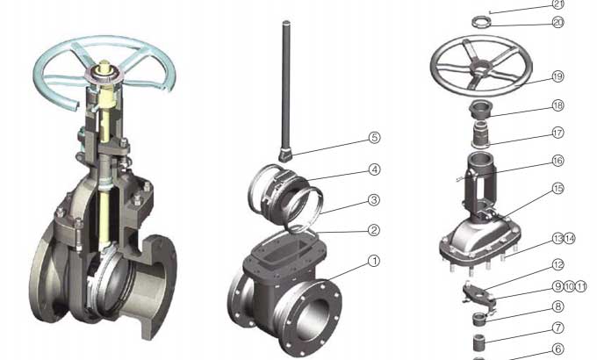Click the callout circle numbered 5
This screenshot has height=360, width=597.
pyautogui.click(x=375, y=138)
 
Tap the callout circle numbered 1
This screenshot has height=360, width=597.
pyautogui.click(x=374, y=261)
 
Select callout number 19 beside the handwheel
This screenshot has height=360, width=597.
pyautogui.click(x=557, y=76)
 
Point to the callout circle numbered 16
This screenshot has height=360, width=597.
pyautogui.click(x=557, y=161)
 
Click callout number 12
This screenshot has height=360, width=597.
pyautogui.click(x=557, y=265)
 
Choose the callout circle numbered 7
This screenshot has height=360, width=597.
pyautogui.click(x=557, y=328)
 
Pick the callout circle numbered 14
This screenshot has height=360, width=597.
pyautogui.click(x=569, y=239)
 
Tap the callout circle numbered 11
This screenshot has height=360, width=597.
pyautogui.click(x=580, y=286)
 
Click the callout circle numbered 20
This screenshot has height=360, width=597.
pyautogui.click(x=557, y=23)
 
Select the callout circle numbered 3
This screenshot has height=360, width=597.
pyautogui.click(x=374, y=199)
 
